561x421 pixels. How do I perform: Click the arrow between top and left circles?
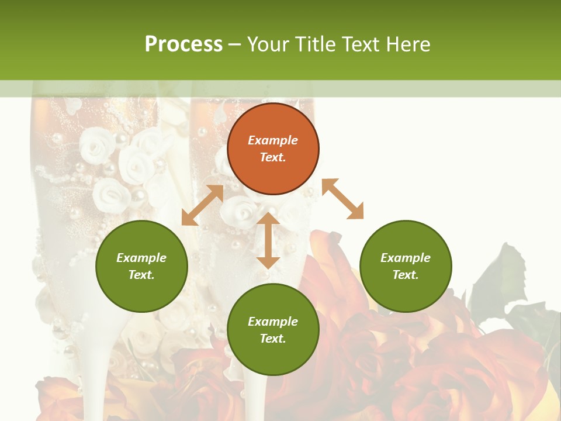[202, 205]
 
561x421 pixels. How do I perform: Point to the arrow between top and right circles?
[342, 199]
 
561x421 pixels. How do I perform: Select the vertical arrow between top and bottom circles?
[268, 240]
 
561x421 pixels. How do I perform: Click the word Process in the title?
[183, 44]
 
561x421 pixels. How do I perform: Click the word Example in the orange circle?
[273, 140]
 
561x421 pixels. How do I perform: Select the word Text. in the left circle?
[141, 275]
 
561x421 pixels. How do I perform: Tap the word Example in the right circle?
[406, 258]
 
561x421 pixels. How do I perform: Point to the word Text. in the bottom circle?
[273, 339]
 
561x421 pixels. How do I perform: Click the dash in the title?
[234, 45]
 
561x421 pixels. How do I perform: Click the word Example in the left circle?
[141, 258]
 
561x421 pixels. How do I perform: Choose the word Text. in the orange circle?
[273, 157]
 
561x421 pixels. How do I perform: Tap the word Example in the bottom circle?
[273, 322]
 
